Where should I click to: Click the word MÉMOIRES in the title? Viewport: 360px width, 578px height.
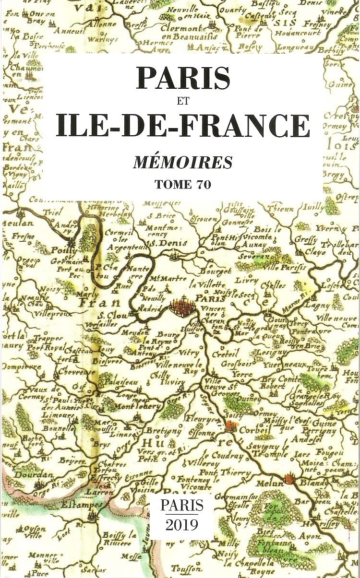182,163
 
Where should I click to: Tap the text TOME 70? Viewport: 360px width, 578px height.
182,184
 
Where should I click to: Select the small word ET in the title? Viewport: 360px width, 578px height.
181,101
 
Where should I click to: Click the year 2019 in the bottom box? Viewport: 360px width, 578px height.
181,524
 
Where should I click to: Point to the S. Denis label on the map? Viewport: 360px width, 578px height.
160,244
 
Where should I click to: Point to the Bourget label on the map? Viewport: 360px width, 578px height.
216,271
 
